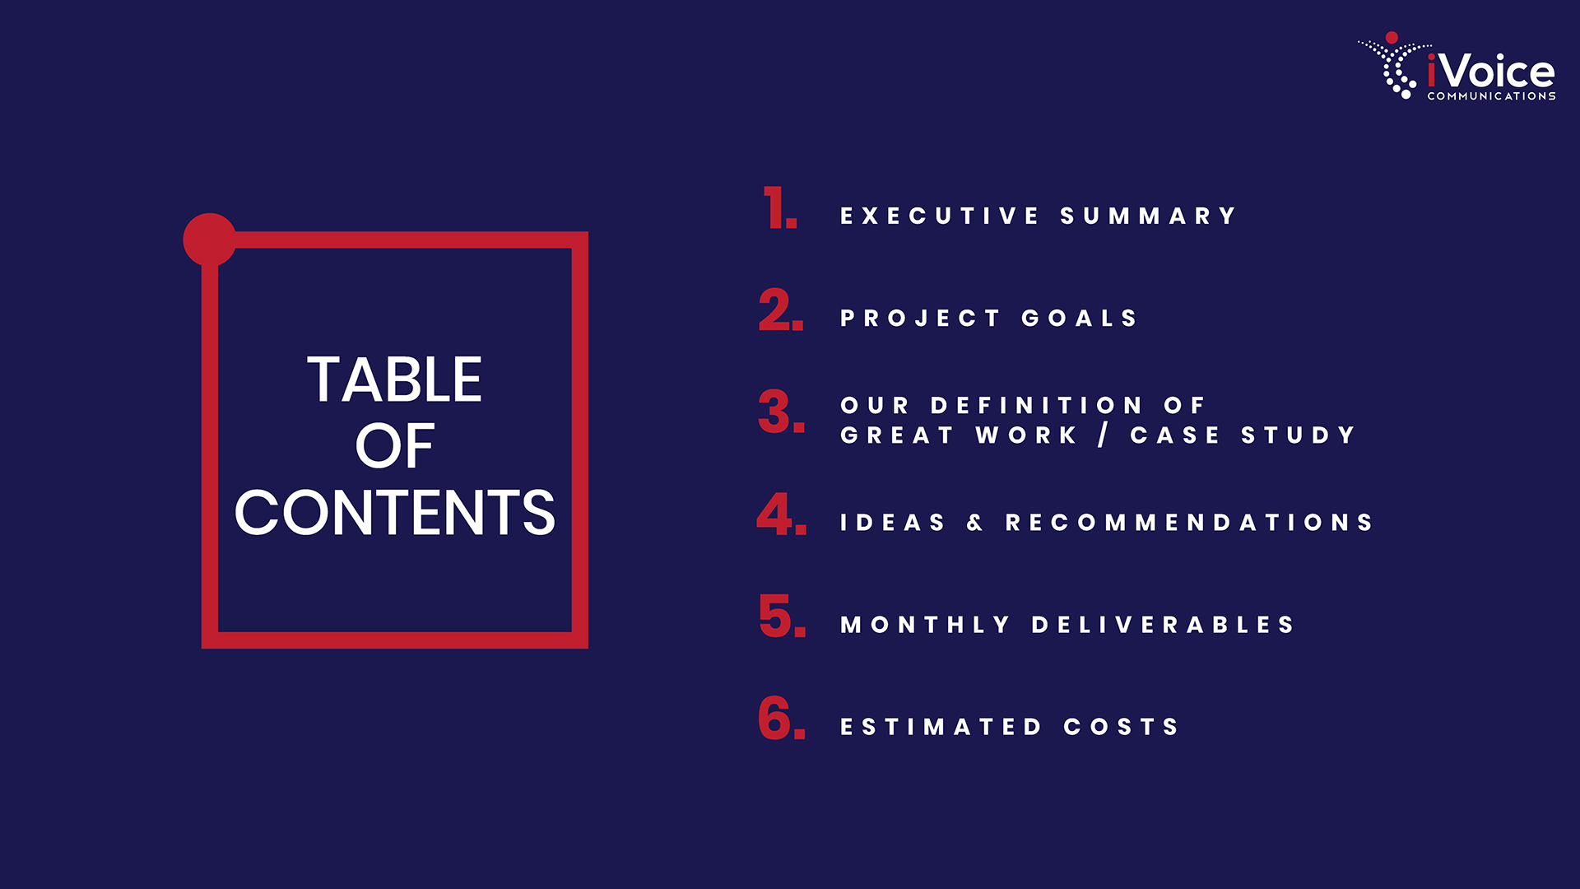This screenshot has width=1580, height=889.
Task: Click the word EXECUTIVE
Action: [940, 216]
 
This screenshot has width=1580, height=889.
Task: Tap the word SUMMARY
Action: [1149, 216]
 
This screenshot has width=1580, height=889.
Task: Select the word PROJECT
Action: [920, 319]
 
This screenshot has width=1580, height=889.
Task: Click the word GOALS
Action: [1080, 319]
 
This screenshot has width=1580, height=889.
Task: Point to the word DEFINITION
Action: [1037, 405]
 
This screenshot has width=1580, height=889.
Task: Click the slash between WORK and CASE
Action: [1103, 435]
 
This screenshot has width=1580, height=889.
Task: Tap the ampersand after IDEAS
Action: [975, 523]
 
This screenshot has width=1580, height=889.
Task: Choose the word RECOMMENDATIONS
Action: [1189, 523]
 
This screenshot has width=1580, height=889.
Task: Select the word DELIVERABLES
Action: [1164, 625]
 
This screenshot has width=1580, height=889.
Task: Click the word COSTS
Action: [1121, 727]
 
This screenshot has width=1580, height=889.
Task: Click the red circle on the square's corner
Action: [210, 240]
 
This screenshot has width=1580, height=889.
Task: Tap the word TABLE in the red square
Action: [395, 379]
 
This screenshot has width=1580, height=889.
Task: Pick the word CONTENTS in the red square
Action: [395, 512]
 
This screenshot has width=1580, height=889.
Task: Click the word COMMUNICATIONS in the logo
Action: [1491, 96]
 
